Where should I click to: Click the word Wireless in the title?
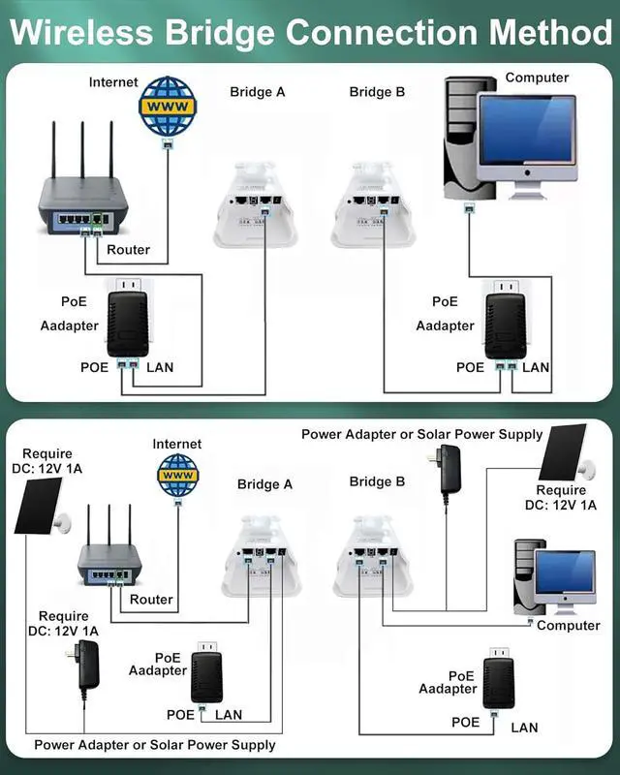80,31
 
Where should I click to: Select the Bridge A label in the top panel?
258,92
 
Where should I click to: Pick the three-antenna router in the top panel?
81,199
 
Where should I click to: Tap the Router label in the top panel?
128,250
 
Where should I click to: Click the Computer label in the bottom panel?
569,626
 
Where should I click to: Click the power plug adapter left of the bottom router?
87,666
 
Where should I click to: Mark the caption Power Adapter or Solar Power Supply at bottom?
155,745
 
